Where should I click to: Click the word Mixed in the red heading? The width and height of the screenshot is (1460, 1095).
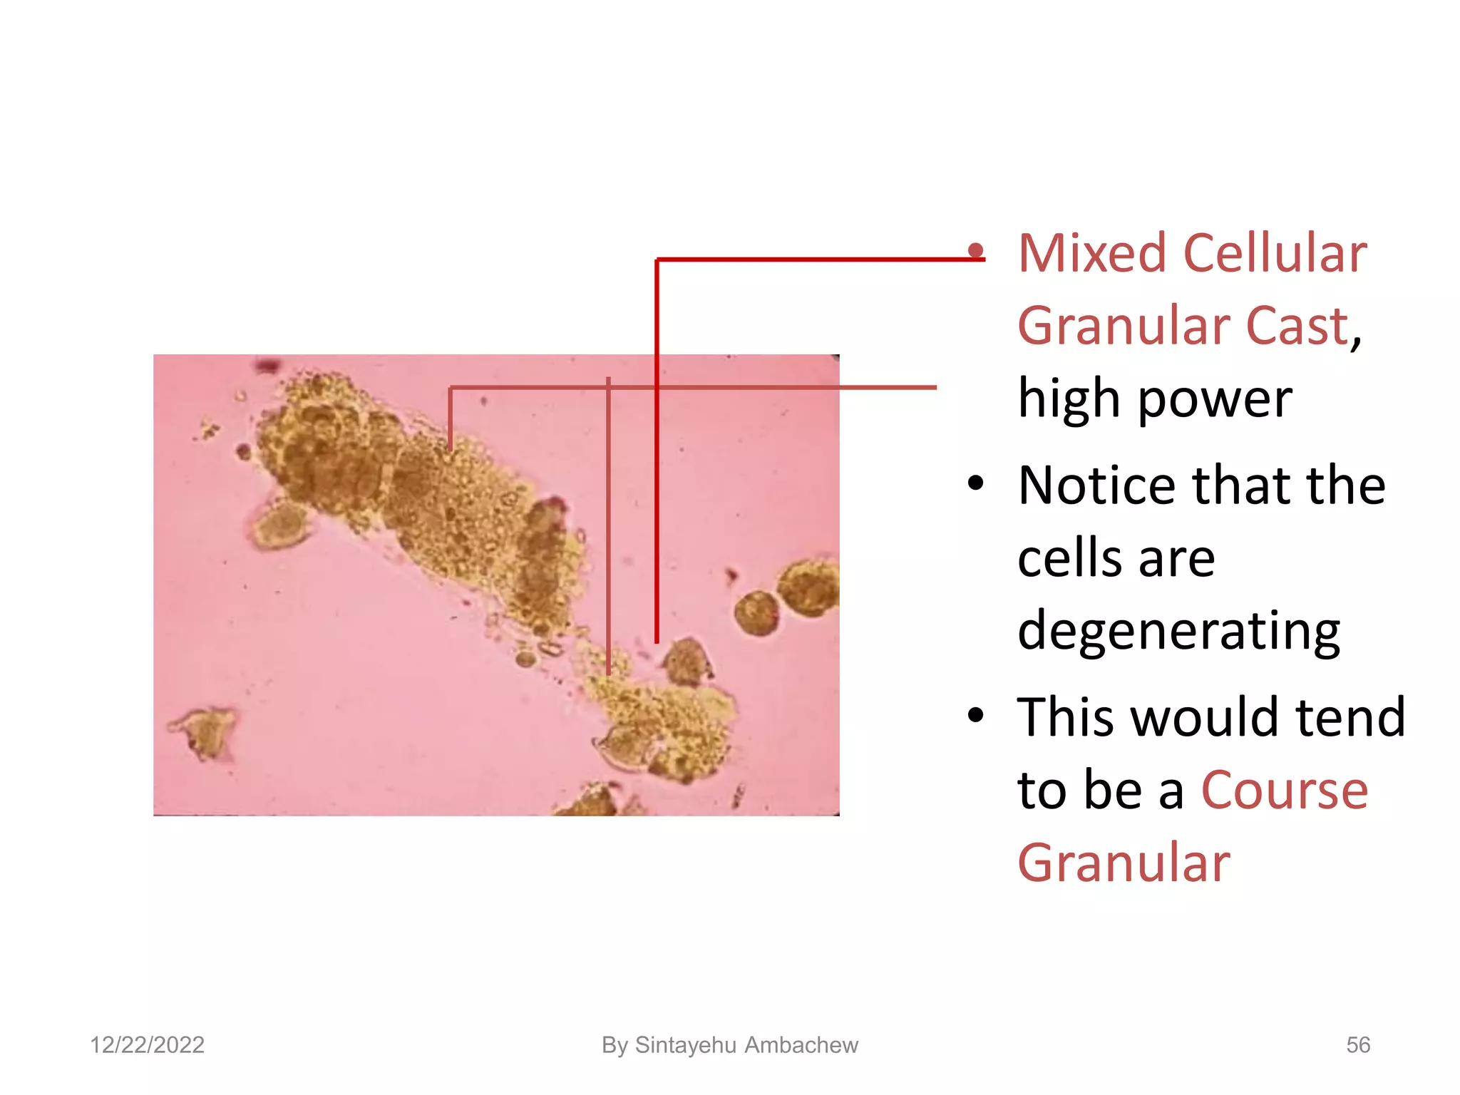[x=1093, y=254]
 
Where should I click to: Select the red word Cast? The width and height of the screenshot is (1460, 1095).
[x=1297, y=327]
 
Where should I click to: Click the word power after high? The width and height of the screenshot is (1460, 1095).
[x=1215, y=399]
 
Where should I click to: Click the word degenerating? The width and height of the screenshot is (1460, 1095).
[x=1178, y=632]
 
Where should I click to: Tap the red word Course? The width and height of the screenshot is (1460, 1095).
[x=1285, y=791]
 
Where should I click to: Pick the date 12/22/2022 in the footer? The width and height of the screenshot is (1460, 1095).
[x=147, y=1045]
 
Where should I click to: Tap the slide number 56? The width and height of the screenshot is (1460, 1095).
[x=1357, y=1045]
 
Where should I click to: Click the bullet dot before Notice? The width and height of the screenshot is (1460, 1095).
[x=976, y=484]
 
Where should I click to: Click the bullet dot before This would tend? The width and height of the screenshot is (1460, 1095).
[x=976, y=715]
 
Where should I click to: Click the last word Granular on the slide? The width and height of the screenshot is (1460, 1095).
[x=1124, y=863]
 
